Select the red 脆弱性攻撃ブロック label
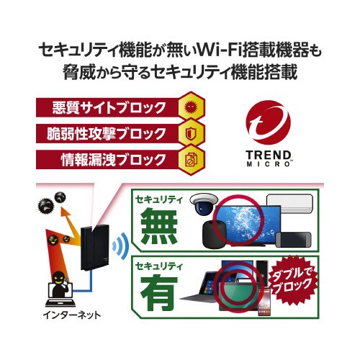click(97, 133)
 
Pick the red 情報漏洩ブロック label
click(97, 158)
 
